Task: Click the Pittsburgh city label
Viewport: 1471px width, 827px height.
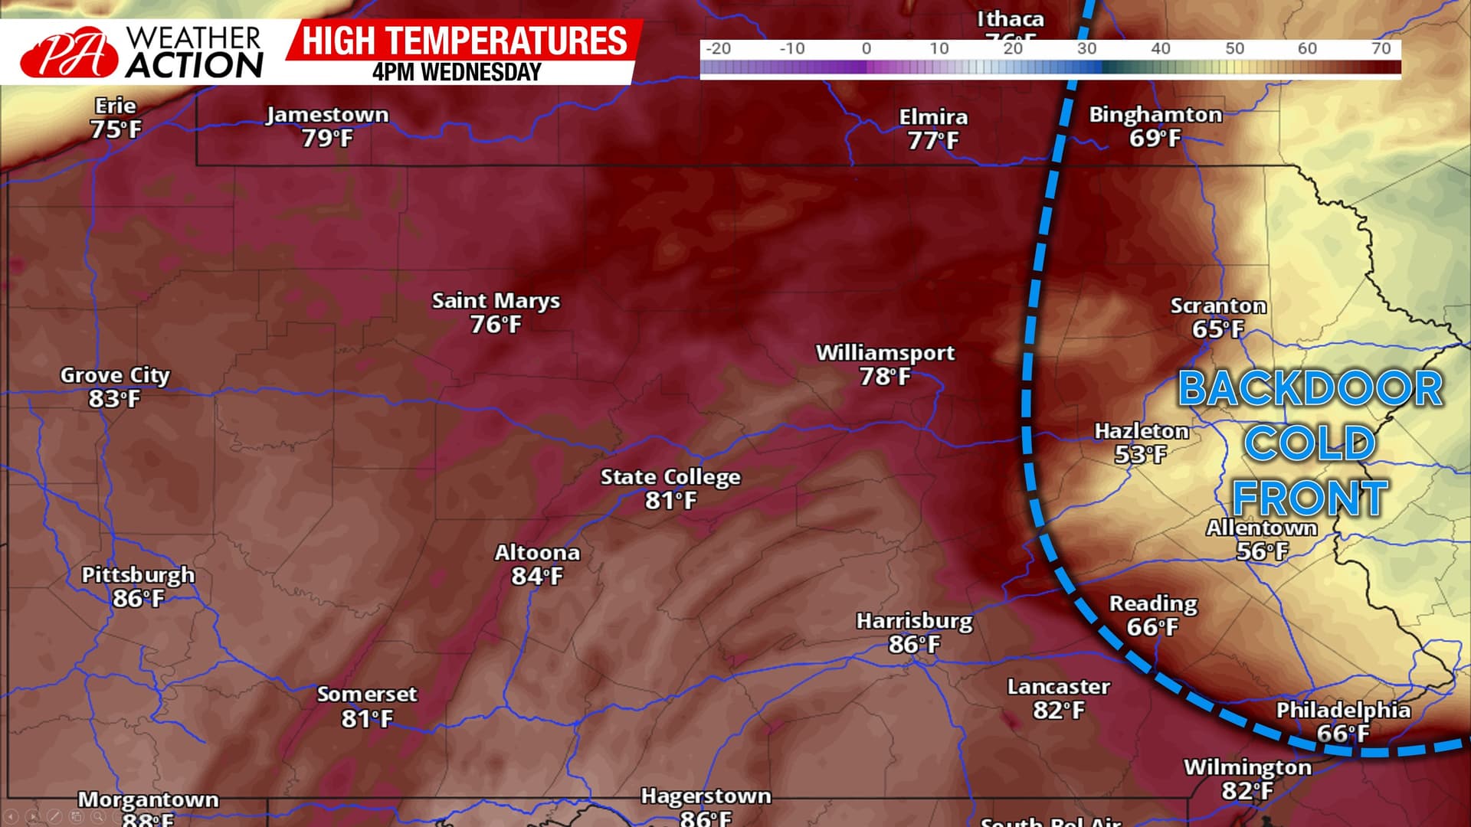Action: pos(138,575)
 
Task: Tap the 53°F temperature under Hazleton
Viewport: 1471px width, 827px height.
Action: pos(1140,454)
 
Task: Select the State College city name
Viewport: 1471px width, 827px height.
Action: pos(670,477)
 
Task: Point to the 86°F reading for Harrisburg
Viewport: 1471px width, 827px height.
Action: pos(914,645)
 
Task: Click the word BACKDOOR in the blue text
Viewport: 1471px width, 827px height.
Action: pos(1310,388)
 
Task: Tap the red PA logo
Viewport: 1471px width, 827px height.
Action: pos(69,54)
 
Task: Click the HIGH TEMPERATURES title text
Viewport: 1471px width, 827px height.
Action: pos(464,41)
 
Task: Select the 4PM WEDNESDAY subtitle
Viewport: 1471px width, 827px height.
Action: pos(457,73)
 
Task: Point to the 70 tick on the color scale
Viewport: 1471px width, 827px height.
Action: pos(1381,49)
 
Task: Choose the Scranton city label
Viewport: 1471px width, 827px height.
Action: pos(1218,306)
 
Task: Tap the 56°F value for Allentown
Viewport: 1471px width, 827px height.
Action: pos(1262,551)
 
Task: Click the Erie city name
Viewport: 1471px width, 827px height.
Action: pos(115,106)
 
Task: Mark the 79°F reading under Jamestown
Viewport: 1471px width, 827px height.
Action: pos(327,139)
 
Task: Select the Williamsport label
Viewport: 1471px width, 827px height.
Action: pos(885,353)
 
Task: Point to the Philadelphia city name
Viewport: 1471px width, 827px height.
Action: pos(1343,710)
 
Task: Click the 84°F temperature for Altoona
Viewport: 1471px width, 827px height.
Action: pos(537,576)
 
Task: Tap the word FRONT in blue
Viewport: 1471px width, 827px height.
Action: pos(1310,498)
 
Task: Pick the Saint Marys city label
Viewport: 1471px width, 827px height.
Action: pos(496,301)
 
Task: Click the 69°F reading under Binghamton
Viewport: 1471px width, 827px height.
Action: pos(1155,139)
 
